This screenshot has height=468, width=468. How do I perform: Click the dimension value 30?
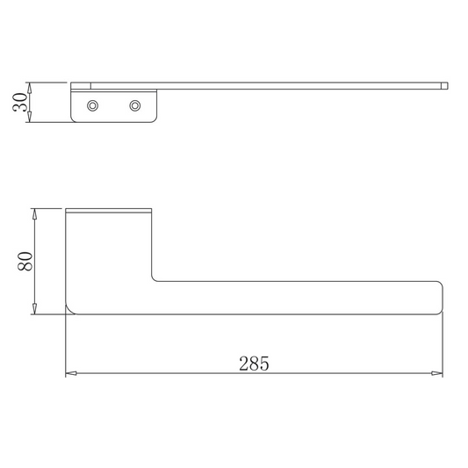pyautogui.click(x=20, y=102)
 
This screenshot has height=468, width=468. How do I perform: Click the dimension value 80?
pyautogui.click(x=25, y=261)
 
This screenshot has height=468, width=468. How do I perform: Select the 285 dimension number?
pyautogui.click(x=254, y=364)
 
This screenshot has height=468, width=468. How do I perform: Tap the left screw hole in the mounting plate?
pyautogui.click(x=92, y=105)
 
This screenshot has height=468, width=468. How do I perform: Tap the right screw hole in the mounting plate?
pyautogui.click(x=135, y=105)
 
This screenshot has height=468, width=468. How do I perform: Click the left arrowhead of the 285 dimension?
pyautogui.click(x=71, y=373)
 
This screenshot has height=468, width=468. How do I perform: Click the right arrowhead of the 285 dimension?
pyautogui.click(x=437, y=373)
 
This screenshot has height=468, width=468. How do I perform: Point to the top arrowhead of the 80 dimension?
pyautogui.click(x=34, y=214)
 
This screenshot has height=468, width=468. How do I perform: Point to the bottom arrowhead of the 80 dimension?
pyautogui.click(x=34, y=308)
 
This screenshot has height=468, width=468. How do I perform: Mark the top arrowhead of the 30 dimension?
pyautogui.click(x=29, y=88)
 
